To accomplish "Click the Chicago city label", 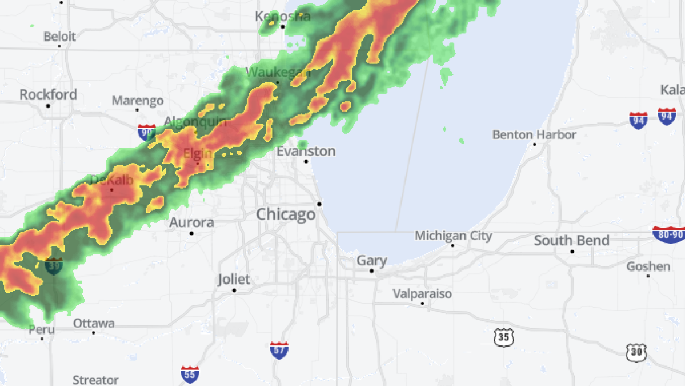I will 285,214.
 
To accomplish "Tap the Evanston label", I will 306,152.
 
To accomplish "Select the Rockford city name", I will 48,94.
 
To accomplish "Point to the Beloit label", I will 59,36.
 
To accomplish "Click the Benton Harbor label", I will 534,134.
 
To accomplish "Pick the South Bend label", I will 571,241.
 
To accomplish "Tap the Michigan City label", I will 453,236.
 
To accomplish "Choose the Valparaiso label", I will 422,293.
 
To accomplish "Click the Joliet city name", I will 234,279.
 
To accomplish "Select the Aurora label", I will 191,222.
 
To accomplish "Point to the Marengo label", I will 137,101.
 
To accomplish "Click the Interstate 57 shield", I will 279,350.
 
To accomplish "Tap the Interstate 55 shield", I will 190,375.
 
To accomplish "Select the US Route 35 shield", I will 503,337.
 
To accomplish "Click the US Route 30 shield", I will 636,352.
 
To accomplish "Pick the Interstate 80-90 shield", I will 668,234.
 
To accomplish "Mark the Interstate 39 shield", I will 54,266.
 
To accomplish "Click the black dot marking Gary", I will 372,271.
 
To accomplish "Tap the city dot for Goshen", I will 648,276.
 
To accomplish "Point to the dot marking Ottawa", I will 94,333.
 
